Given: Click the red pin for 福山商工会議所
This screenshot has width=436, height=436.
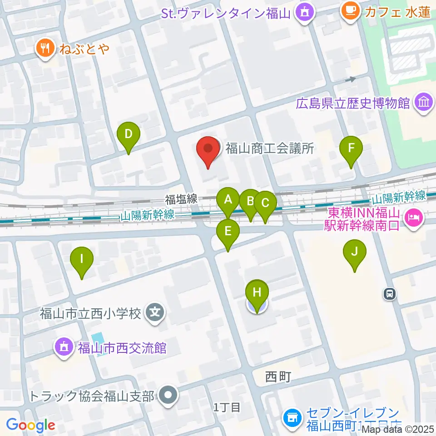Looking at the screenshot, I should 208,150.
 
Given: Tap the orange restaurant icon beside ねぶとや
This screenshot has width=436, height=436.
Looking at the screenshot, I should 45,48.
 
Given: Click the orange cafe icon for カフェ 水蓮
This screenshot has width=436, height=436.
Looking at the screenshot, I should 350,10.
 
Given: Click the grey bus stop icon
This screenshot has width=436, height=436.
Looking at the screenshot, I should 390,294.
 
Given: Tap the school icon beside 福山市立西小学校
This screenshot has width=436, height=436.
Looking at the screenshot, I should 155,312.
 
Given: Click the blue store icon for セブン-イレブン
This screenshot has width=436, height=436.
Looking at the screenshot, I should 291,416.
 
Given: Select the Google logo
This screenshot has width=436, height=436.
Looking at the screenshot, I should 31,425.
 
